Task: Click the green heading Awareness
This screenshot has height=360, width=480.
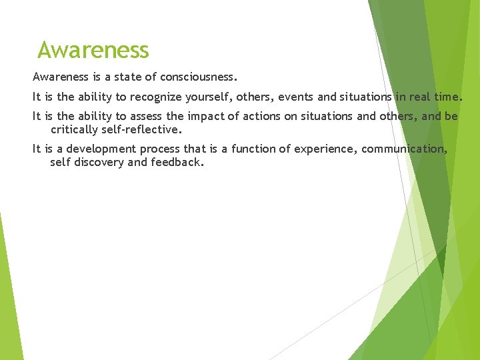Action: [93, 50]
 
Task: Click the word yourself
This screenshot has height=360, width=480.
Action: [207, 97]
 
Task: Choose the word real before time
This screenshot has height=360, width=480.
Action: [419, 97]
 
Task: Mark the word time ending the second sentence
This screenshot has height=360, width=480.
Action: [447, 97]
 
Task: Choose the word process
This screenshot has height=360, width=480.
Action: [159, 149]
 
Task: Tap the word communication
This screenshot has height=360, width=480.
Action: [404, 149]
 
